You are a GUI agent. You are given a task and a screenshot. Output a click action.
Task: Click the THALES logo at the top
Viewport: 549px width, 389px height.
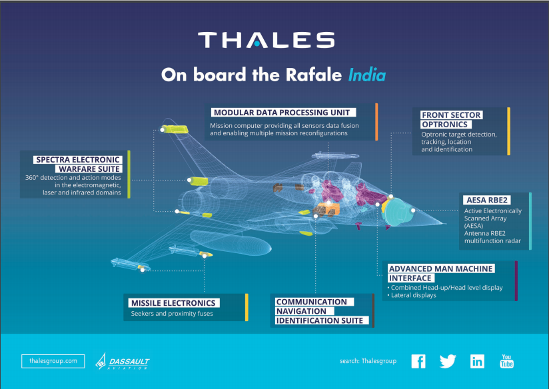266,40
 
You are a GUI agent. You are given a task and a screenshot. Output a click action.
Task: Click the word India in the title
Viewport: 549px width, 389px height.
367,75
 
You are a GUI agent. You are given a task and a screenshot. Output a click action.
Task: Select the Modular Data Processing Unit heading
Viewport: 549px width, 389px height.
282,113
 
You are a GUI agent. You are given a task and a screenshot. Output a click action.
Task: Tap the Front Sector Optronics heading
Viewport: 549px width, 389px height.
451,120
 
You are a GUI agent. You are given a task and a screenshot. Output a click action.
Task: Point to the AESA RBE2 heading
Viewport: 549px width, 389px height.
487,200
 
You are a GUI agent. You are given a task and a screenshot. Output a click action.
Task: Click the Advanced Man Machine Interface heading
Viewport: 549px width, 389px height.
441,274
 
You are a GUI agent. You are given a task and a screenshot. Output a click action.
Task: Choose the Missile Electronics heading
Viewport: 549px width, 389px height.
174,303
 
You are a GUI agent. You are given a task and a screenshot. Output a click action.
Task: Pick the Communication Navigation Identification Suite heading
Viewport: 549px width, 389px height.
322,311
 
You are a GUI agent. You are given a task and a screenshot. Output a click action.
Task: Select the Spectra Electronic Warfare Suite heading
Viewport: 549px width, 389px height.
78,165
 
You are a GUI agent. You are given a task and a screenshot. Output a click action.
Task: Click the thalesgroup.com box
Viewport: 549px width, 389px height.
53,361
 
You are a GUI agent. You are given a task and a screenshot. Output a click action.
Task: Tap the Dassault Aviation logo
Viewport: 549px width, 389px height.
123,362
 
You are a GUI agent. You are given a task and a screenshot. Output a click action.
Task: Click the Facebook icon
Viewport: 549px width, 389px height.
418,361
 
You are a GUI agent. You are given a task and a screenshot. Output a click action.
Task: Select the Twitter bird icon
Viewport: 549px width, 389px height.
448,361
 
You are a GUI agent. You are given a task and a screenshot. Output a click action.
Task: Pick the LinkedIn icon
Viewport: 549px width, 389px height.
477,361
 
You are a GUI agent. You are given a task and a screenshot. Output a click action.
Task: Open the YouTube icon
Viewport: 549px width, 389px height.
506,361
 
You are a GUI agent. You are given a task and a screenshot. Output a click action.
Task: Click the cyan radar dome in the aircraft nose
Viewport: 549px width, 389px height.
398,211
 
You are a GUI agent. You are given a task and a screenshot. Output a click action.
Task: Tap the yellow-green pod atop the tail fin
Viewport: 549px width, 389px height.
175,129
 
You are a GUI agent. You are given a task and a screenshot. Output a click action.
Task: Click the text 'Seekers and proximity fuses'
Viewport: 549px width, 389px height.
172,313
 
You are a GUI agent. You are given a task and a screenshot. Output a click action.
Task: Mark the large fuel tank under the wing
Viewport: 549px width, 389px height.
231,242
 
